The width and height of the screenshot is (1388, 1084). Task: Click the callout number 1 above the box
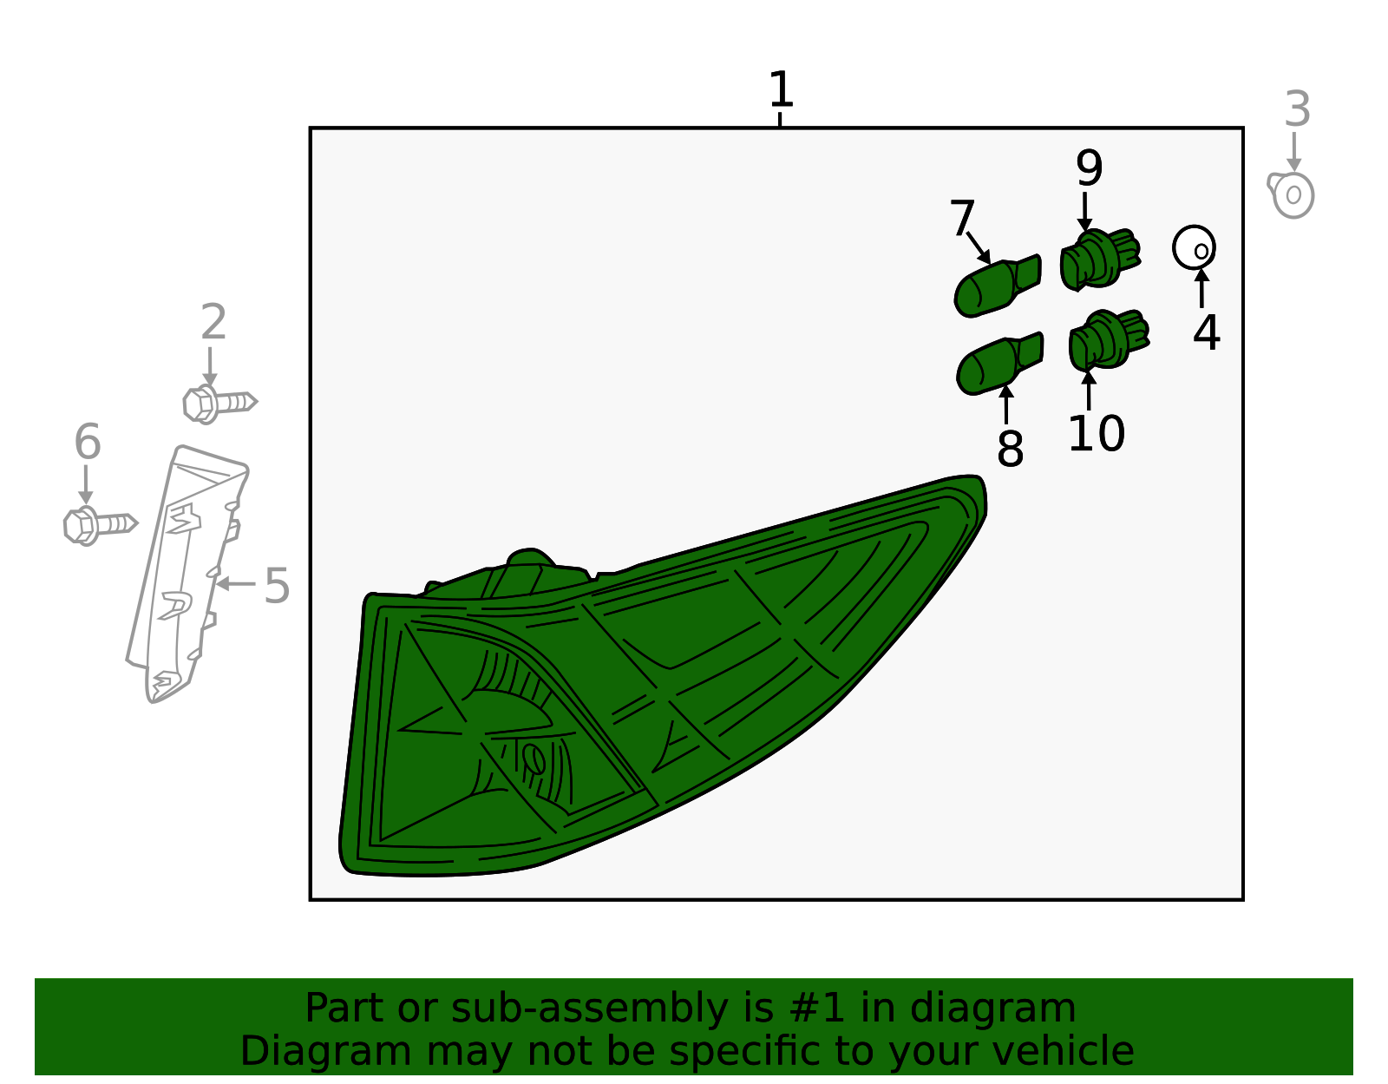[781, 89]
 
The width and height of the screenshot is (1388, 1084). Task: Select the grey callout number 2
[213, 322]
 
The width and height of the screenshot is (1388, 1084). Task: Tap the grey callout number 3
[1297, 109]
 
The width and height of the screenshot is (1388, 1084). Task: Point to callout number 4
[1206, 332]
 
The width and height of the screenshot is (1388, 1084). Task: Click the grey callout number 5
[278, 585]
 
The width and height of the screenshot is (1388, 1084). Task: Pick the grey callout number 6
[88, 441]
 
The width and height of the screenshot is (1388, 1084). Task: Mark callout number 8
[1010, 448]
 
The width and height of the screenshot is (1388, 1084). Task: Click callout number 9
[1089, 168]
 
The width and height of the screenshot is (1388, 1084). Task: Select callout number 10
[1097, 434]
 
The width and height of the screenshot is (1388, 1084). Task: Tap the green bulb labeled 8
[999, 364]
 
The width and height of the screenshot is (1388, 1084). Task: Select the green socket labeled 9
[1100, 260]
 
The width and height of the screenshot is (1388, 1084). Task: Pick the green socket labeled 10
[1109, 340]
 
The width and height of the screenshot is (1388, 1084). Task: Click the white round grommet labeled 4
[1194, 247]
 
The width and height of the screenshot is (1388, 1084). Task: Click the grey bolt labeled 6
[101, 526]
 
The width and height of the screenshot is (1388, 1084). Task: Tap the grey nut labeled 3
[1291, 194]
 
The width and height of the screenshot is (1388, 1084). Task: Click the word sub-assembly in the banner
[589, 1008]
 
